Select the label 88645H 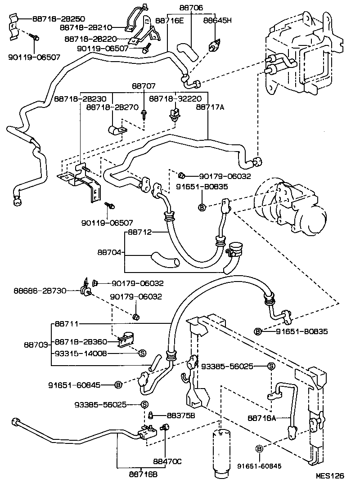(x=217, y=20)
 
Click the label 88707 (x=144, y=86)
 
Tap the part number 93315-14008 (x=81, y=353)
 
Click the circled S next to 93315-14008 (x=142, y=353)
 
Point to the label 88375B (x=181, y=415)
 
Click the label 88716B (x=143, y=474)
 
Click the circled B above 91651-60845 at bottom (x=259, y=449)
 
